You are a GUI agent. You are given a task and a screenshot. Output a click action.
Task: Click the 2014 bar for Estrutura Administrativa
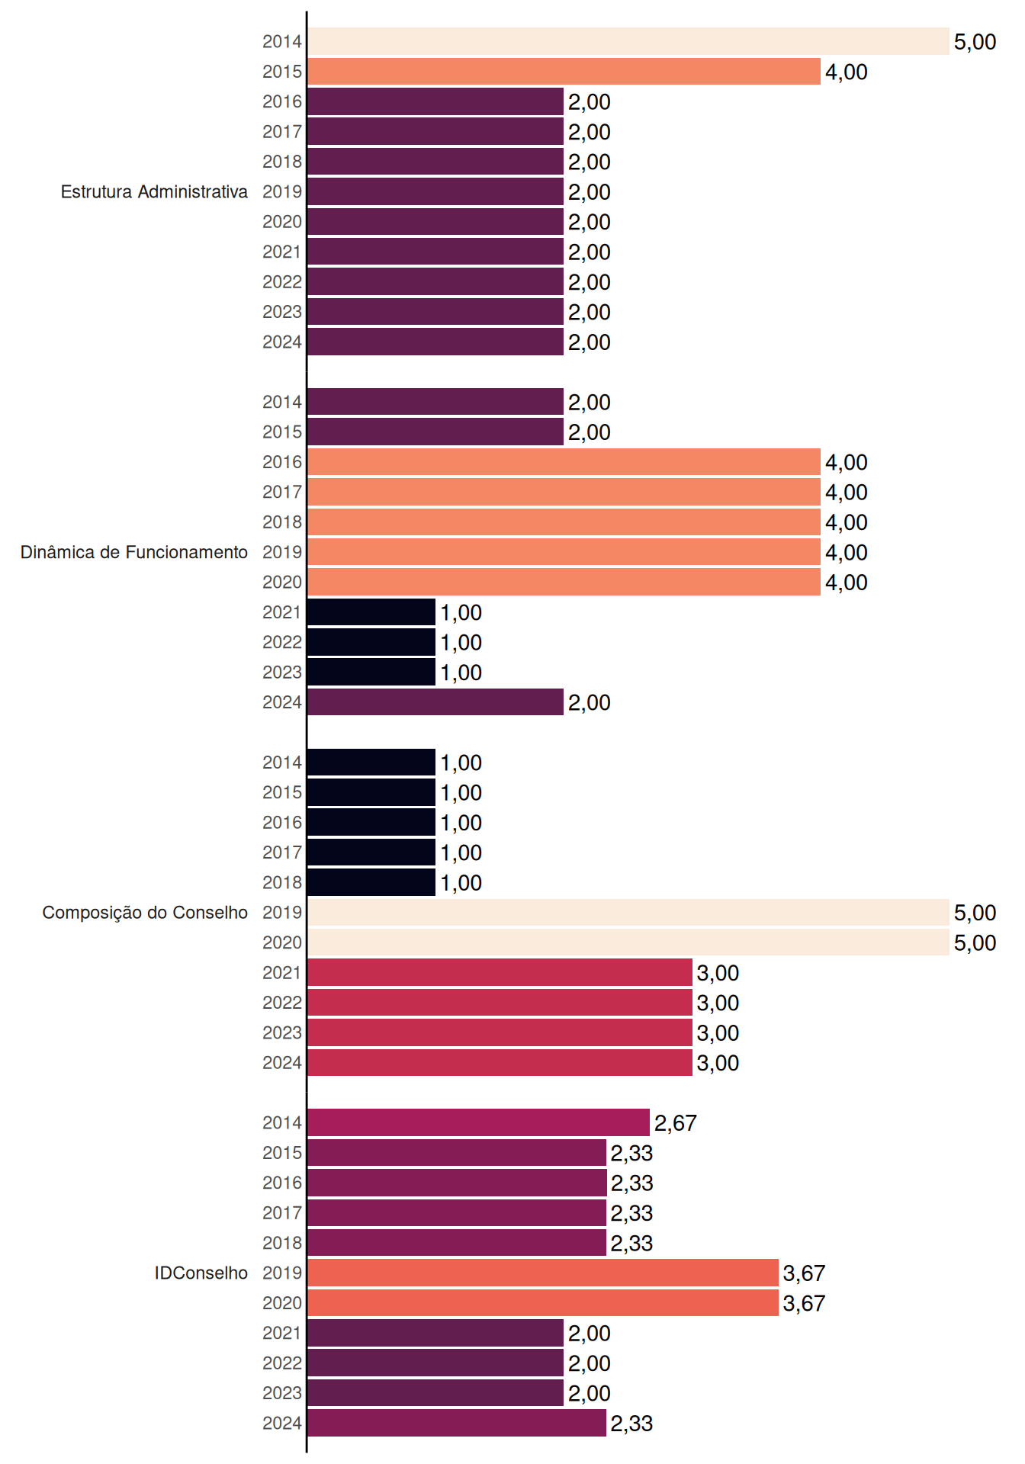pos(628,41)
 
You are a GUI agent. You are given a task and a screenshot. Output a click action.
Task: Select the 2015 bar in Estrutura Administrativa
pos(564,72)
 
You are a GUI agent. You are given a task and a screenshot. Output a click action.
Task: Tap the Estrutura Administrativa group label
pos(154,191)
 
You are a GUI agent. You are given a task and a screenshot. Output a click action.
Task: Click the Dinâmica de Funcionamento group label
pos(134,552)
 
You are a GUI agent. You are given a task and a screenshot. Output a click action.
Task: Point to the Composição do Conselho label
pos(145,913)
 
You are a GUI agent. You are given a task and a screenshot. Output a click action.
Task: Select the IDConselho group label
pos(201,1273)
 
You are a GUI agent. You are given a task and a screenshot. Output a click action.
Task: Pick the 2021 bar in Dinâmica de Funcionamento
pos(371,612)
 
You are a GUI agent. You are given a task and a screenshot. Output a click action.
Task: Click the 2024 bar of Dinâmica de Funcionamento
pos(435,702)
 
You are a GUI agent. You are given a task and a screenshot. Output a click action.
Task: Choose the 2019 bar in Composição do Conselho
pos(628,913)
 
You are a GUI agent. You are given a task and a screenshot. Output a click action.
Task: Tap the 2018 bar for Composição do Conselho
pos(371,882)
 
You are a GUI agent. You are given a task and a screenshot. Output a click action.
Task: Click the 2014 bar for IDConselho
pos(479,1122)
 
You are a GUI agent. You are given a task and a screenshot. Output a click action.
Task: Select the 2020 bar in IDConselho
pos(543,1303)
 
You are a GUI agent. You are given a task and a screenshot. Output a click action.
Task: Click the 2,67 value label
pos(676,1123)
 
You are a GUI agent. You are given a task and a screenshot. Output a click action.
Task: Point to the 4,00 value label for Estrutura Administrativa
pos(847,72)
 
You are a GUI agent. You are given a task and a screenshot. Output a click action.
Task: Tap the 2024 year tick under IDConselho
pos(282,1424)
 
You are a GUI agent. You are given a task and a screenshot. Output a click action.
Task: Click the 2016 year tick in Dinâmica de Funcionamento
pos(282,462)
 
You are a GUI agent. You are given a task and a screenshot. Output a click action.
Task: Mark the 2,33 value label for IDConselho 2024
pos(631,1424)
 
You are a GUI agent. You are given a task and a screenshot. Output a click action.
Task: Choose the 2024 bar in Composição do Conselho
pos(500,1063)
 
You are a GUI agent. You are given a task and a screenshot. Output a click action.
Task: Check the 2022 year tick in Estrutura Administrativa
pos(282,282)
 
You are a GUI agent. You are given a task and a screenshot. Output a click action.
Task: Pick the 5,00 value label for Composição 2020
pos(975,943)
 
